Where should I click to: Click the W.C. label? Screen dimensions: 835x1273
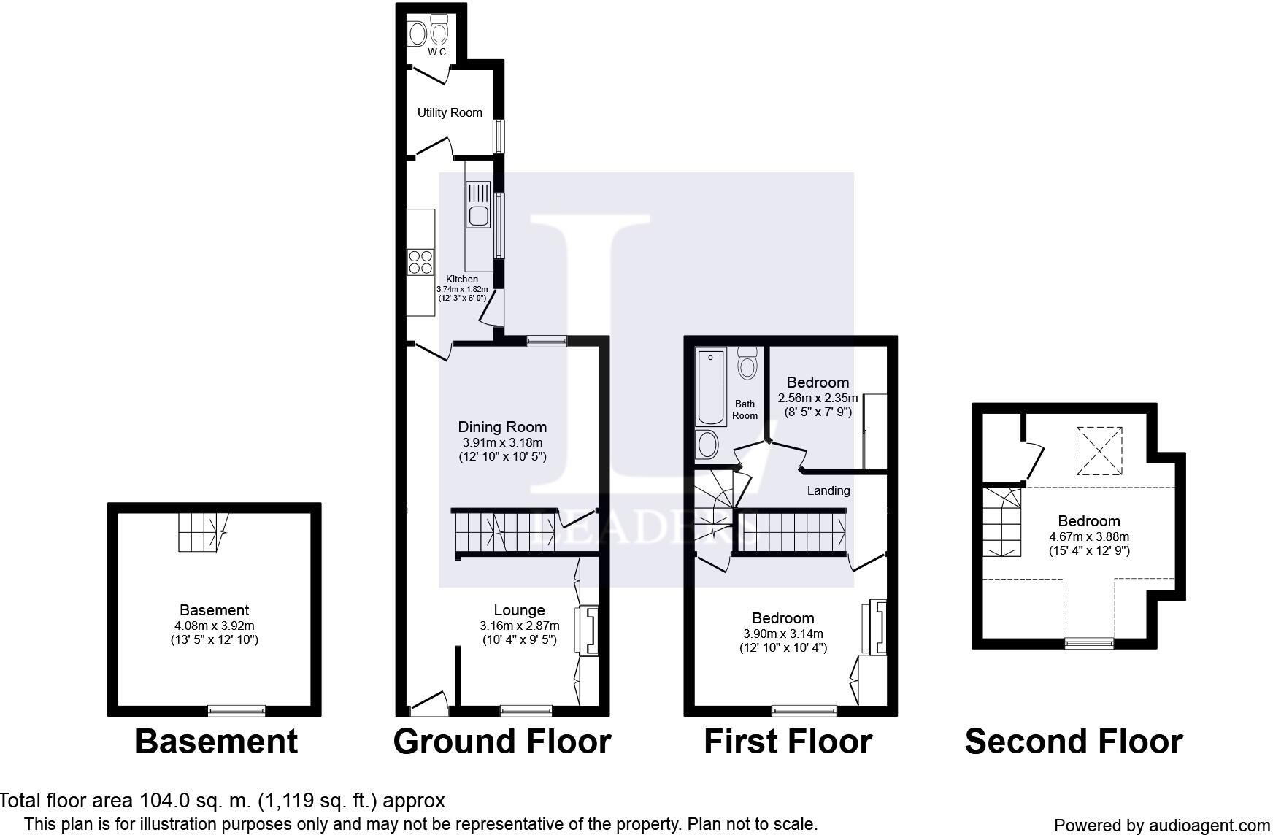click(437, 53)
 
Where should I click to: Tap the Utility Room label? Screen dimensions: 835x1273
click(450, 112)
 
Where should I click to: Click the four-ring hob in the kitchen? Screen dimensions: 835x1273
click(420, 261)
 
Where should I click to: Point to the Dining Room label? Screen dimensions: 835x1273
click(502, 427)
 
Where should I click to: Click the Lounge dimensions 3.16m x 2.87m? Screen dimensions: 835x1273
click(519, 626)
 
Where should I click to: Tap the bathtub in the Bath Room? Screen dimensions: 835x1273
click(710, 387)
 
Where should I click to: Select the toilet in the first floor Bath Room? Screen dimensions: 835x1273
click(747, 363)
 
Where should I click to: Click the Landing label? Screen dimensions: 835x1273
click(828, 490)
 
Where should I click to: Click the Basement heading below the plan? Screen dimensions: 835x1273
click(216, 742)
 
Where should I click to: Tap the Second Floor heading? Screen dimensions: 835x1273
click(1073, 742)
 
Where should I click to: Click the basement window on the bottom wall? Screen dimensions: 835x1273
click(236, 710)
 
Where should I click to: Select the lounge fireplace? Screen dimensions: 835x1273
click(588, 629)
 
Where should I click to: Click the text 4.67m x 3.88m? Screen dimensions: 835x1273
click(1088, 536)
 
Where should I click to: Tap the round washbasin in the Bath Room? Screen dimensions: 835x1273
click(707, 444)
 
